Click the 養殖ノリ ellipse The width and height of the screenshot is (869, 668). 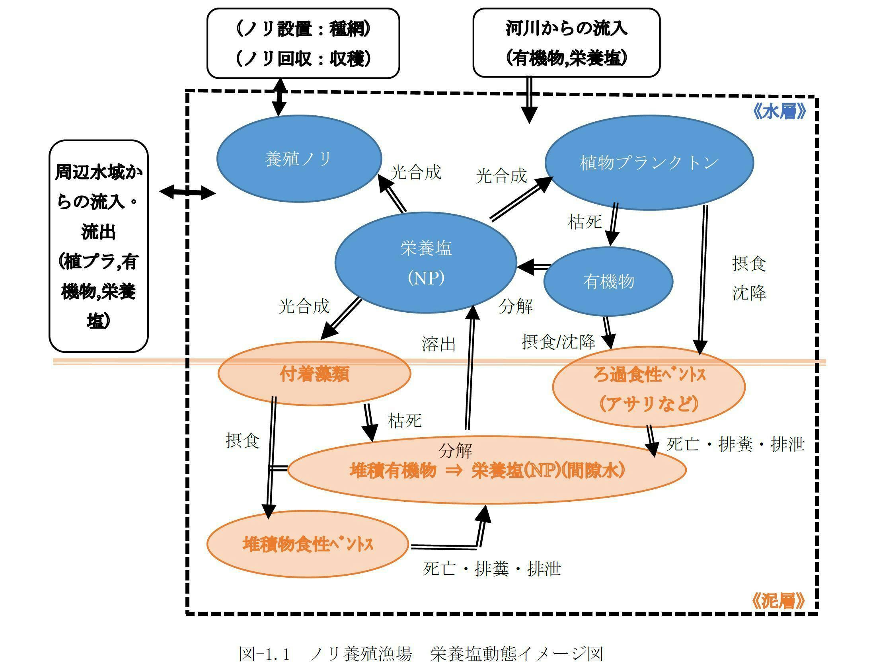[x=298, y=159]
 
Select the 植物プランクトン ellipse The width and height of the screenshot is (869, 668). [x=649, y=162]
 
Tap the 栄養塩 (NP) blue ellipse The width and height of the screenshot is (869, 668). [x=426, y=263]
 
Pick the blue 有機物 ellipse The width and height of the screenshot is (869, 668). [x=608, y=281]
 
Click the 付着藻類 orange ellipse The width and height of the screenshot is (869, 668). [x=314, y=374]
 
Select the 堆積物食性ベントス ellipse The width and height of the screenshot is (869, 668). [x=308, y=544]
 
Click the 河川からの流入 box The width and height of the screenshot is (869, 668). [x=566, y=43]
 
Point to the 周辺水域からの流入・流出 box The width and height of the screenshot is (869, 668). [x=98, y=246]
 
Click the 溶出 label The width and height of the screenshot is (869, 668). [x=438, y=344]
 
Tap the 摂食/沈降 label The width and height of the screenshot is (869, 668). [x=558, y=342]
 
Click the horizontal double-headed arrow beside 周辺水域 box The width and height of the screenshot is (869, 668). [x=187, y=193]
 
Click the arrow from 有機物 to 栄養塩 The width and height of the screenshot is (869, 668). [x=534, y=267]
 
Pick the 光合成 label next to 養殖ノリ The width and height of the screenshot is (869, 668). [x=415, y=172]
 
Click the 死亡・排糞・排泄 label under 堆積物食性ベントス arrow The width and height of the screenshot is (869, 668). [x=492, y=569]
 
